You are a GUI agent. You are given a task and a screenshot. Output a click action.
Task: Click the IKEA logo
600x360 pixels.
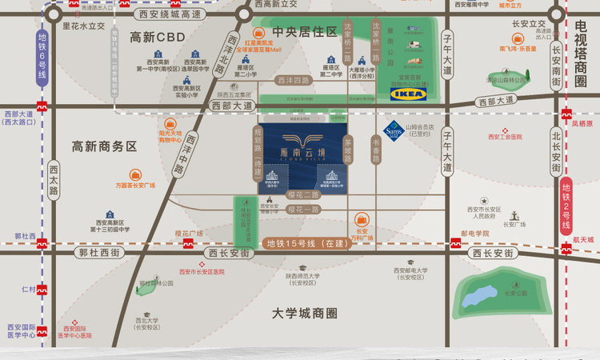pyautogui.click(x=408, y=94)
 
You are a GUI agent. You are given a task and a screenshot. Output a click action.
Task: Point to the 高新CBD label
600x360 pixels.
pyautogui.click(x=158, y=38)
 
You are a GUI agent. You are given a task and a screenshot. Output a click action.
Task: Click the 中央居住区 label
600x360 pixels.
pyautogui.click(x=305, y=32)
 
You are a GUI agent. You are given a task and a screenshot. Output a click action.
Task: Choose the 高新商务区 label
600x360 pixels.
pyautogui.click(x=105, y=146)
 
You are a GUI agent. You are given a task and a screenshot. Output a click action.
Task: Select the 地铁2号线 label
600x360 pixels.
pyautogui.click(x=566, y=206)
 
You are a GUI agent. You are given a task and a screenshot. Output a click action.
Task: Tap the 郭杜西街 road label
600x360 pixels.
pyautogui.click(x=98, y=252)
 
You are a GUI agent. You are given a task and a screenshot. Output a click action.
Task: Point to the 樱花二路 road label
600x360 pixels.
pyautogui.click(x=303, y=194)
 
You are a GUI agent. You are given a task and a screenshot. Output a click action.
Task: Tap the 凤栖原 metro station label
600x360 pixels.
pyautogui.click(x=582, y=123)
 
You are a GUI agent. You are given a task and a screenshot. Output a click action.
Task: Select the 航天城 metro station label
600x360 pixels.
pyautogui.click(x=583, y=239)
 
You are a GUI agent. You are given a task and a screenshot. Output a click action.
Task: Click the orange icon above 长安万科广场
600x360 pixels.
pyautogui.click(x=362, y=218)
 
